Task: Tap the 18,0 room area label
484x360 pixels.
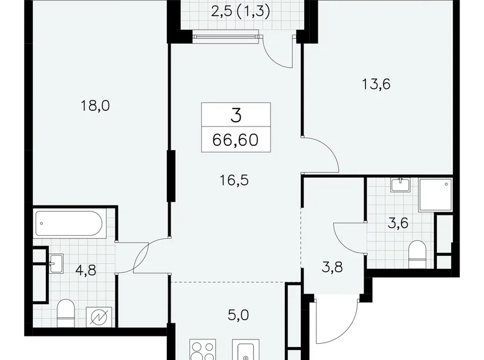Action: [x=95, y=106]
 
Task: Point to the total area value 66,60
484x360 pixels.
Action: [x=236, y=139]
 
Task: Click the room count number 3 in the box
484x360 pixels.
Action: [x=236, y=115]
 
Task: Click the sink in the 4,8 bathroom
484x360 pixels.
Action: [x=58, y=264]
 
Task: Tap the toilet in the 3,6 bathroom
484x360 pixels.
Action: [x=418, y=252]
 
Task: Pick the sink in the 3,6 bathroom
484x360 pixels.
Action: [x=400, y=184]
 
